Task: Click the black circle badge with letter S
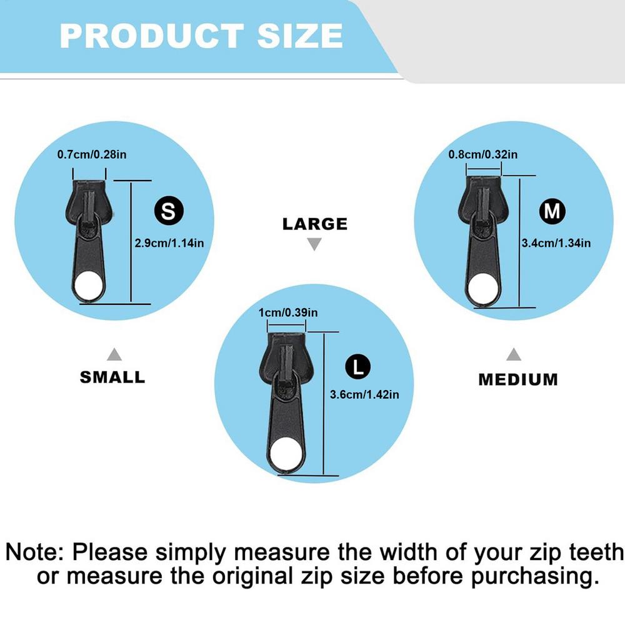click(x=169, y=211)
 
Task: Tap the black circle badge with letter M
click(x=552, y=211)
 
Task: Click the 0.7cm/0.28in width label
click(x=92, y=154)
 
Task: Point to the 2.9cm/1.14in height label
click(x=169, y=242)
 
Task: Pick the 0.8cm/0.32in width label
click(x=482, y=154)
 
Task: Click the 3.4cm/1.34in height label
click(x=556, y=242)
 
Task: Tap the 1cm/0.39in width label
click(x=287, y=312)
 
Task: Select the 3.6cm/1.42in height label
click(x=364, y=394)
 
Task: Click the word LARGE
click(x=315, y=224)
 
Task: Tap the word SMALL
click(x=112, y=377)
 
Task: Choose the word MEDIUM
click(x=518, y=379)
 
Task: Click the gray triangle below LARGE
click(x=314, y=244)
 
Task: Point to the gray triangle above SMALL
click(x=114, y=354)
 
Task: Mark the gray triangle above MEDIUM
click(x=514, y=354)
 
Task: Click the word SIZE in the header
click(x=300, y=36)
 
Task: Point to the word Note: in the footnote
click(x=34, y=552)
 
